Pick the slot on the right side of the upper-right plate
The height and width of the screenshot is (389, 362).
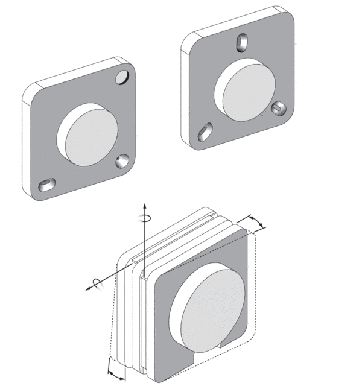click(279, 108)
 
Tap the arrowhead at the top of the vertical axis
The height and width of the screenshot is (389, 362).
click(144, 205)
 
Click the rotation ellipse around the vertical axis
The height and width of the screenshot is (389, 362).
click(144, 217)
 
